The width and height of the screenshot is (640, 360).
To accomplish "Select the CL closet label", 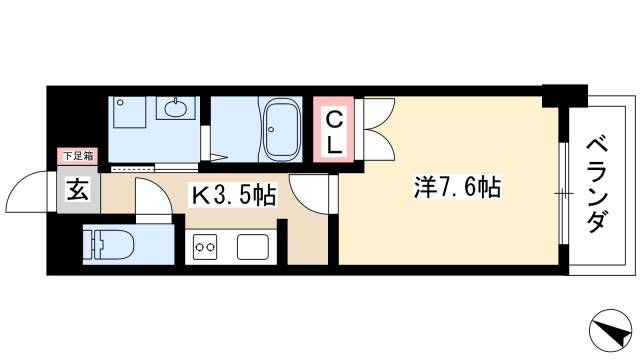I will [334, 129].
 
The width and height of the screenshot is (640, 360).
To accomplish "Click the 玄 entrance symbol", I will [78, 189].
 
